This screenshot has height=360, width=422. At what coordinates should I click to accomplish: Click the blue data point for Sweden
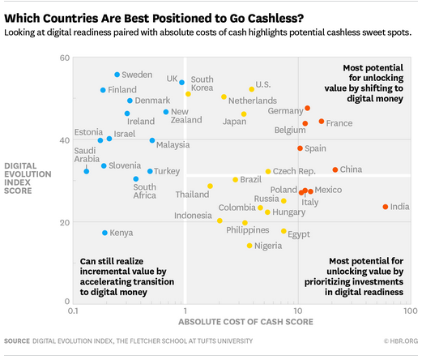(x=117, y=75)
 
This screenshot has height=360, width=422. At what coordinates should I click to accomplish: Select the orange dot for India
(x=386, y=207)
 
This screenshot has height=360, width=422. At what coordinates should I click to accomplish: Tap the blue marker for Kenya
(x=104, y=233)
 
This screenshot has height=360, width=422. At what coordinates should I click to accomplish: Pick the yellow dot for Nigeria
(x=249, y=246)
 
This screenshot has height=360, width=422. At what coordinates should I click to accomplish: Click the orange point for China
(x=335, y=169)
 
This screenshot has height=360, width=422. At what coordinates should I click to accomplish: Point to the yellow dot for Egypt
(x=283, y=231)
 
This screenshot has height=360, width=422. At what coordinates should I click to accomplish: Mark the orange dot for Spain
(x=300, y=148)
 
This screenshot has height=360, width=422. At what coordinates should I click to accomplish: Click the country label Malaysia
(x=173, y=145)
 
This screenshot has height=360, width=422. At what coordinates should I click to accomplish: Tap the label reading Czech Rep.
(x=296, y=171)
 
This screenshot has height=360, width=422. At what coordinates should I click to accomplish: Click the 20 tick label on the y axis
(x=64, y=221)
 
